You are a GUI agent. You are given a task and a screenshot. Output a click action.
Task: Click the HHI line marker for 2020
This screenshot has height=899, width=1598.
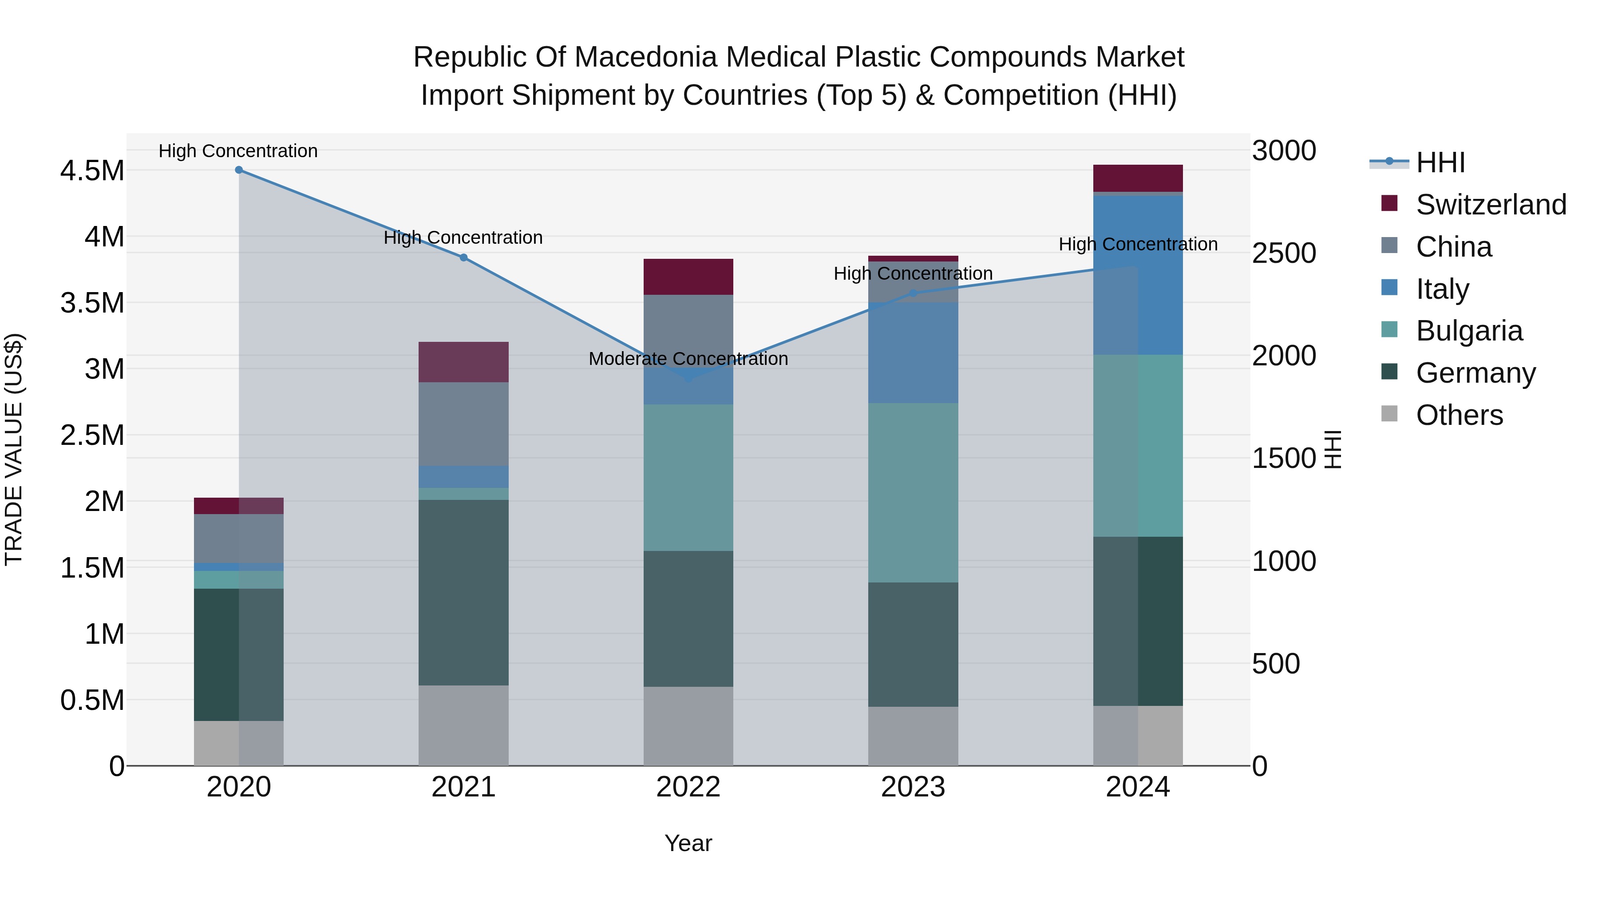tap(239, 170)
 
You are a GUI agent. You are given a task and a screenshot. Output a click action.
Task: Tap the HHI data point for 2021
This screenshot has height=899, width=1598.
tap(463, 257)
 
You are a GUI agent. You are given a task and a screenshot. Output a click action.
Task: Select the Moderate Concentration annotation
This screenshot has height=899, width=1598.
tap(688, 359)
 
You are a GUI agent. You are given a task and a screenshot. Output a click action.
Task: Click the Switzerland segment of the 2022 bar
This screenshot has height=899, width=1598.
tap(688, 277)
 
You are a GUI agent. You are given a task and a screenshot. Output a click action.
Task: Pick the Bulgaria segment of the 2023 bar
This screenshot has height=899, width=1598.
tap(913, 493)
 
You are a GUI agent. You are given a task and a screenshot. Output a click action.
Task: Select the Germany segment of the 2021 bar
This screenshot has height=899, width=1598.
tap(463, 593)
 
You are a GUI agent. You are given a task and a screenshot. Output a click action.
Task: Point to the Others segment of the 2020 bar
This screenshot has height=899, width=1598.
tap(239, 743)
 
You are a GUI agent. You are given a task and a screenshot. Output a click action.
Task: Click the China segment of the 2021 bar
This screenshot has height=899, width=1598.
tap(463, 424)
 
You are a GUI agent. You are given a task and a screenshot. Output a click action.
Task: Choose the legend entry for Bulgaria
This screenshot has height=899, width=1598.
tap(1469, 331)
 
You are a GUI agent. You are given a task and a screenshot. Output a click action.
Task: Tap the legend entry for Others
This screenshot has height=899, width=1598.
tap(1459, 415)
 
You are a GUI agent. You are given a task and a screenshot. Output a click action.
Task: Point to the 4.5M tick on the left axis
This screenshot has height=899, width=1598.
tap(92, 170)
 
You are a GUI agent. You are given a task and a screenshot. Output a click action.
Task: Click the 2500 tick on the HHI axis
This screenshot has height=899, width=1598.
tap(1283, 253)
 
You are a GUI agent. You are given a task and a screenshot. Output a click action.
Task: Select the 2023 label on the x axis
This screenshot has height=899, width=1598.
tap(913, 787)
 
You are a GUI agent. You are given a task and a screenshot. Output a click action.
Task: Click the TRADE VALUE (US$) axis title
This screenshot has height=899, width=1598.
tap(14, 449)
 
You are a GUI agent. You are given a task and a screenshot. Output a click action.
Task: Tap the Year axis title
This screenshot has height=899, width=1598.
tap(688, 843)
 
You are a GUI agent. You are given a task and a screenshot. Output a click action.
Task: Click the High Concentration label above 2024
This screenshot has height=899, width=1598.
tap(1138, 245)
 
